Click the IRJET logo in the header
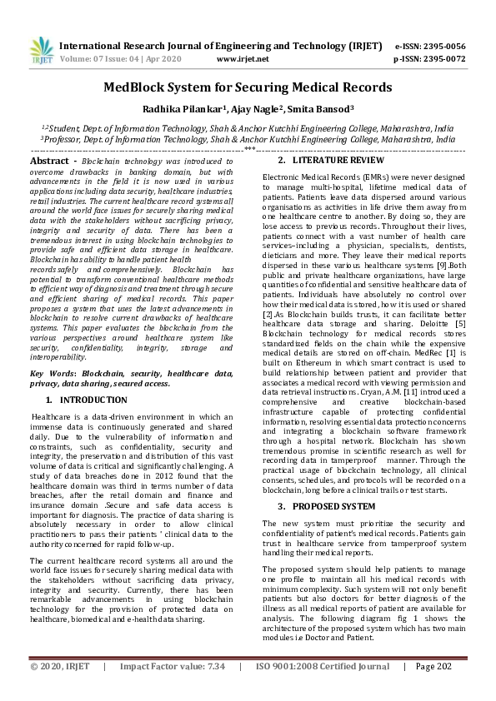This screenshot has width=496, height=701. [x=41, y=52]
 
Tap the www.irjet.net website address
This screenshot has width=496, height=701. [x=243, y=59]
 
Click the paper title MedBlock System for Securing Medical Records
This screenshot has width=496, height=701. [x=248, y=87]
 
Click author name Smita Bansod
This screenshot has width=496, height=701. [x=321, y=108]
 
